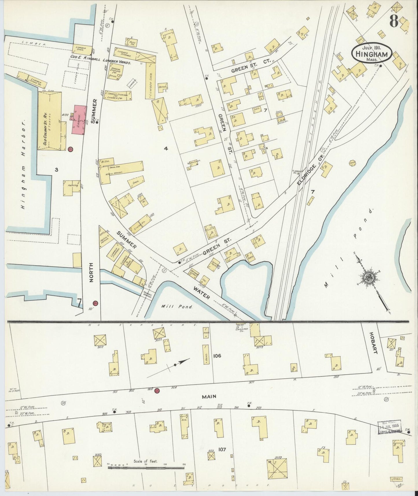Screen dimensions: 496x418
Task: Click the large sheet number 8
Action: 394,21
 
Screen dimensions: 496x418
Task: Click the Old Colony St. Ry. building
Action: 50,121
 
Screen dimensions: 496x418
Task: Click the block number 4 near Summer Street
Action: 166,149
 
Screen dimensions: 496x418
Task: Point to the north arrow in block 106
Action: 179,363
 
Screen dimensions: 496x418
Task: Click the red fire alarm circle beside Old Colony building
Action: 70,149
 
